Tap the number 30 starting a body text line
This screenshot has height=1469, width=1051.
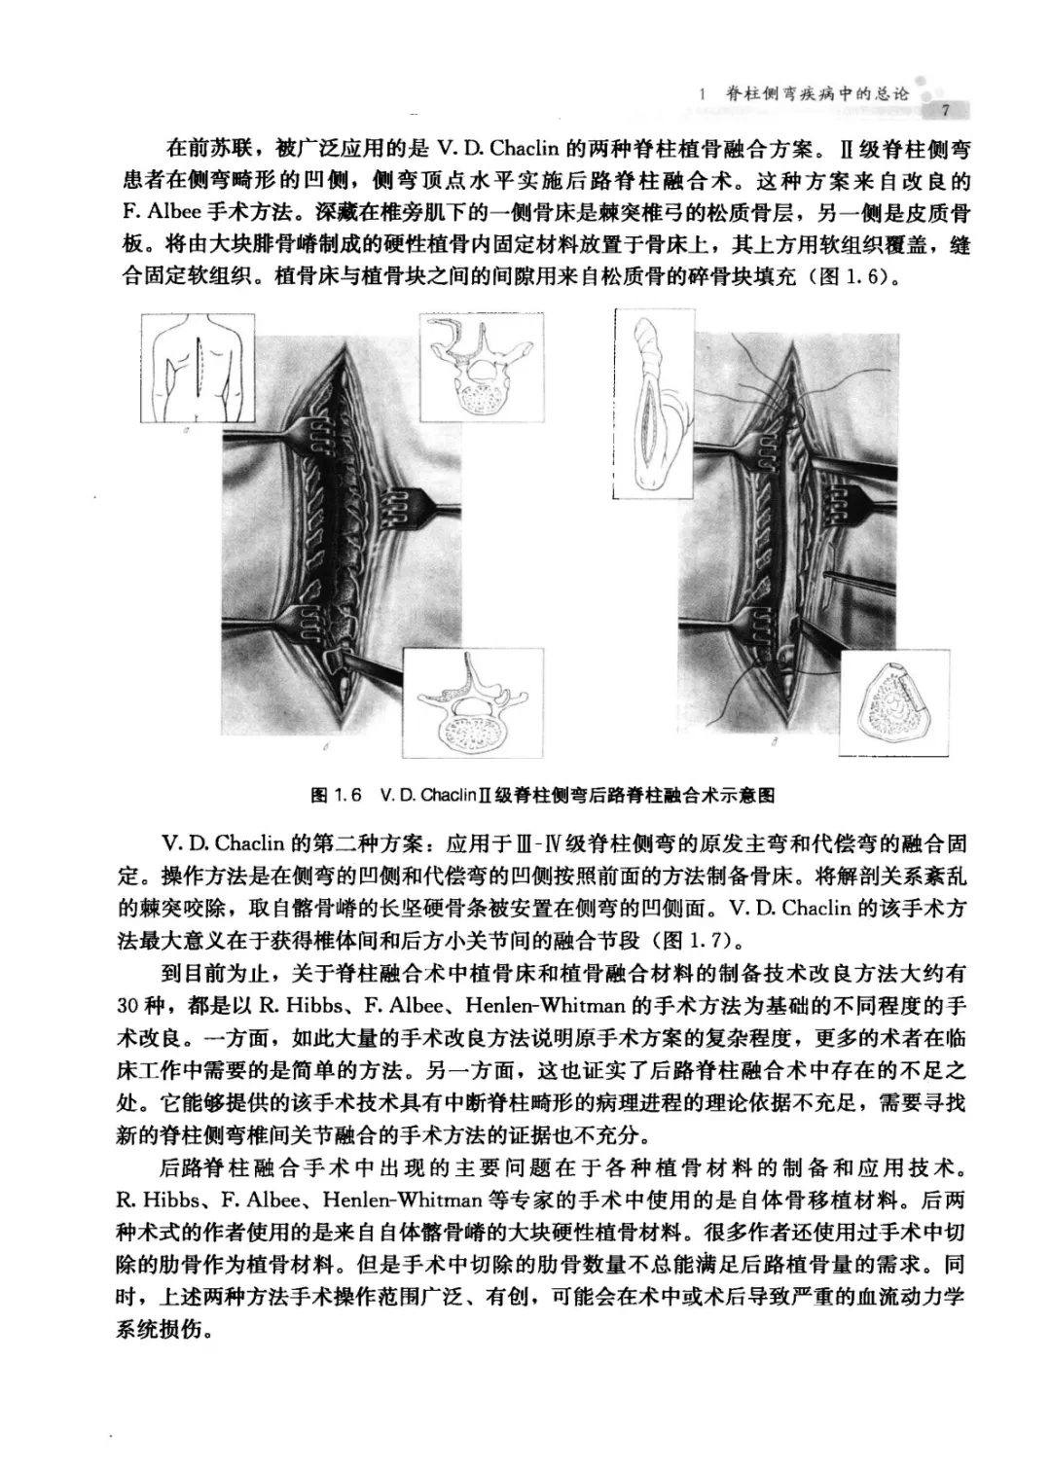[x=129, y=1005]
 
